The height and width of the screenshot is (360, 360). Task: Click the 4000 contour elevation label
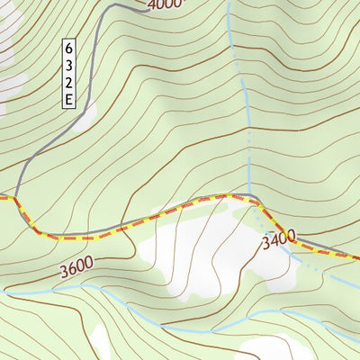pyautogui.click(x=164, y=4)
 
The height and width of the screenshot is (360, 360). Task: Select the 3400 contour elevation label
pyautogui.click(x=279, y=239)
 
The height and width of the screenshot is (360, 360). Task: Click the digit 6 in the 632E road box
pyautogui.click(x=69, y=48)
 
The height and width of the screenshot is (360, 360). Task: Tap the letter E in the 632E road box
pyautogui.click(x=69, y=100)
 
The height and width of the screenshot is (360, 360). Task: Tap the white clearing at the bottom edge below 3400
pyautogui.click(x=288, y=349)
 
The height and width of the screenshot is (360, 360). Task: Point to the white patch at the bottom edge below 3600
pyautogui.click(x=99, y=346)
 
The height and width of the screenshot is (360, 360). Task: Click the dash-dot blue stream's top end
pyautogui.click(x=228, y=3)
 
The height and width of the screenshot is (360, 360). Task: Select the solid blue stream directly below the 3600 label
pyautogui.click(x=76, y=287)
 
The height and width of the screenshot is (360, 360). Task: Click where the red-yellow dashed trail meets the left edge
pyautogui.click(x=2, y=195)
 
